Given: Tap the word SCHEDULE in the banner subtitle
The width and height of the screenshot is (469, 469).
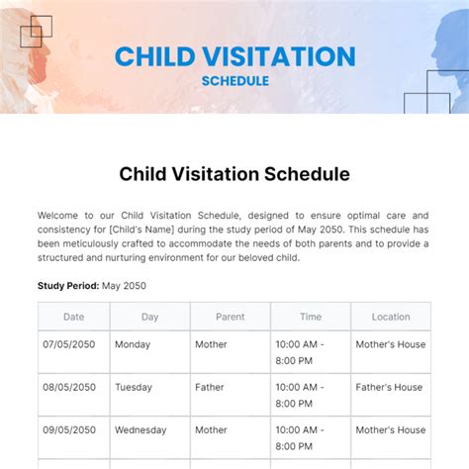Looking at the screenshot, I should (x=234, y=81).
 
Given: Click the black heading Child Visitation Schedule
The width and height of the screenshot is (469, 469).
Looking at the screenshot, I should (x=234, y=174).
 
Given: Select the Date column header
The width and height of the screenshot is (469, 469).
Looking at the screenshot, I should (x=74, y=317).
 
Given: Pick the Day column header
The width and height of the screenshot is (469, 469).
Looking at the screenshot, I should (x=149, y=317).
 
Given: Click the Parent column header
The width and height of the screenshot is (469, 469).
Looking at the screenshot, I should (x=230, y=317).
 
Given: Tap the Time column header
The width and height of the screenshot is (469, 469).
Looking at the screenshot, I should (x=310, y=317).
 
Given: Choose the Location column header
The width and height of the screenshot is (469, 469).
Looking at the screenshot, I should (x=390, y=317).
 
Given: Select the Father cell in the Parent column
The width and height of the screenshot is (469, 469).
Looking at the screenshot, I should (x=210, y=387).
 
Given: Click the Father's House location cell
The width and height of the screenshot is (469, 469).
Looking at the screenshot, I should (x=389, y=387).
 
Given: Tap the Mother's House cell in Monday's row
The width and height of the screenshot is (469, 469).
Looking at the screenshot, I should (x=391, y=344).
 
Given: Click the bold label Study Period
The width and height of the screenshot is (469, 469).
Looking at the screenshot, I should (x=67, y=286).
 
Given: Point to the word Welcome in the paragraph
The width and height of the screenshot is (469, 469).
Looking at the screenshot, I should (x=59, y=215).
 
